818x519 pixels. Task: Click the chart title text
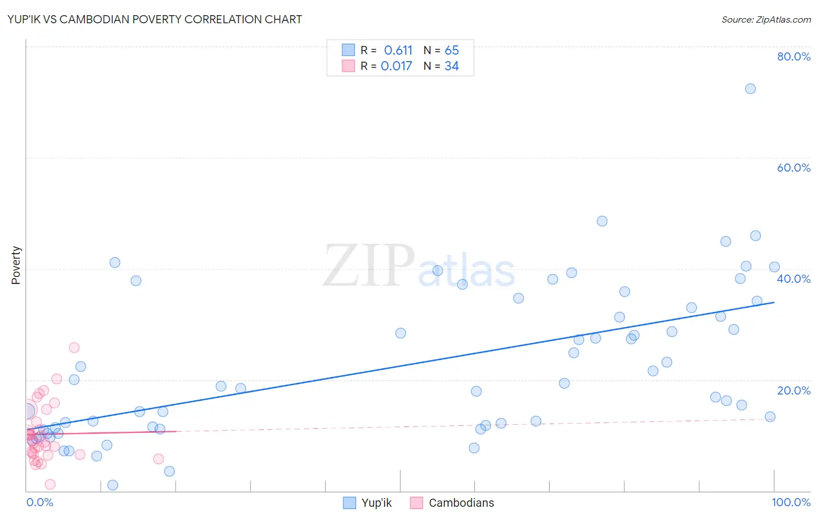[x=154, y=19]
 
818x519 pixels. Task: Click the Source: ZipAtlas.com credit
[x=766, y=19]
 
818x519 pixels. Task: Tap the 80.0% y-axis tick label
[x=794, y=56]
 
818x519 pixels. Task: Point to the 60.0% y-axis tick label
[x=794, y=168]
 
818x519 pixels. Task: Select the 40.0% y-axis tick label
[x=794, y=279]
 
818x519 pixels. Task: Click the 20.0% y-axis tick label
[x=794, y=390]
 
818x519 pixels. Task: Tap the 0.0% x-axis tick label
[x=40, y=502]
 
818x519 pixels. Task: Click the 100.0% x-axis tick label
[x=791, y=502]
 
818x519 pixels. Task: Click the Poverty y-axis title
[x=16, y=265]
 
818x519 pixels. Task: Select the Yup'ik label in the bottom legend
[x=376, y=503]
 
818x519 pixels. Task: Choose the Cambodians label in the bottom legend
[x=461, y=503]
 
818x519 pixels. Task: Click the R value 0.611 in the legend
[x=398, y=51]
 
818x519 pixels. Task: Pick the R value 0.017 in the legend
[x=396, y=66]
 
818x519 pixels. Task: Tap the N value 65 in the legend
[x=451, y=51]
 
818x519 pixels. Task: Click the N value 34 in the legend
[x=451, y=66]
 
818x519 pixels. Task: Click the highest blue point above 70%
[x=751, y=89]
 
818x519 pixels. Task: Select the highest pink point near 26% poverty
[x=74, y=348]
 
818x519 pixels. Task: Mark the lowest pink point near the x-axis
[x=50, y=485]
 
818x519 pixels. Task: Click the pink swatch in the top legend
[x=348, y=66]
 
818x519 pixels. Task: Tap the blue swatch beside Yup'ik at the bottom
[x=349, y=503]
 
